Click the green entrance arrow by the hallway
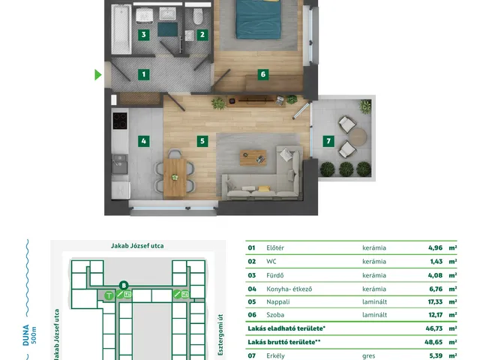click(x=98, y=75)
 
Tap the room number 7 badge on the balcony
click(x=328, y=141)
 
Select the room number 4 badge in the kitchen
click(x=143, y=141)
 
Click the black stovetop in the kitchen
click(x=120, y=121)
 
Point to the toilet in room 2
click(x=198, y=16)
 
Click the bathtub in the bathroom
click(x=121, y=29)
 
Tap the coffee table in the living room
click(x=253, y=157)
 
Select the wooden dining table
click(x=175, y=178)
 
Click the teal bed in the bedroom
click(x=259, y=19)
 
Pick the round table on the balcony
click(x=358, y=136)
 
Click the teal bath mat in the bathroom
click(x=167, y=29)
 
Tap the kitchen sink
click(x=120, y=164)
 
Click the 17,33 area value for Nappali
click(x=435, y=301)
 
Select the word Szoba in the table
click(x=275, y=315)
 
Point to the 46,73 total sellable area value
click(x=434, y=328)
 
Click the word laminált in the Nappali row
click(x=374, y=301)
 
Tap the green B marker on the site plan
click(x=124, y=286)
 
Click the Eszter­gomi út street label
click(x=220, y=334)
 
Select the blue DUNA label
click(x=26, y=335)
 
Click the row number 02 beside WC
click(x=252, y=262)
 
